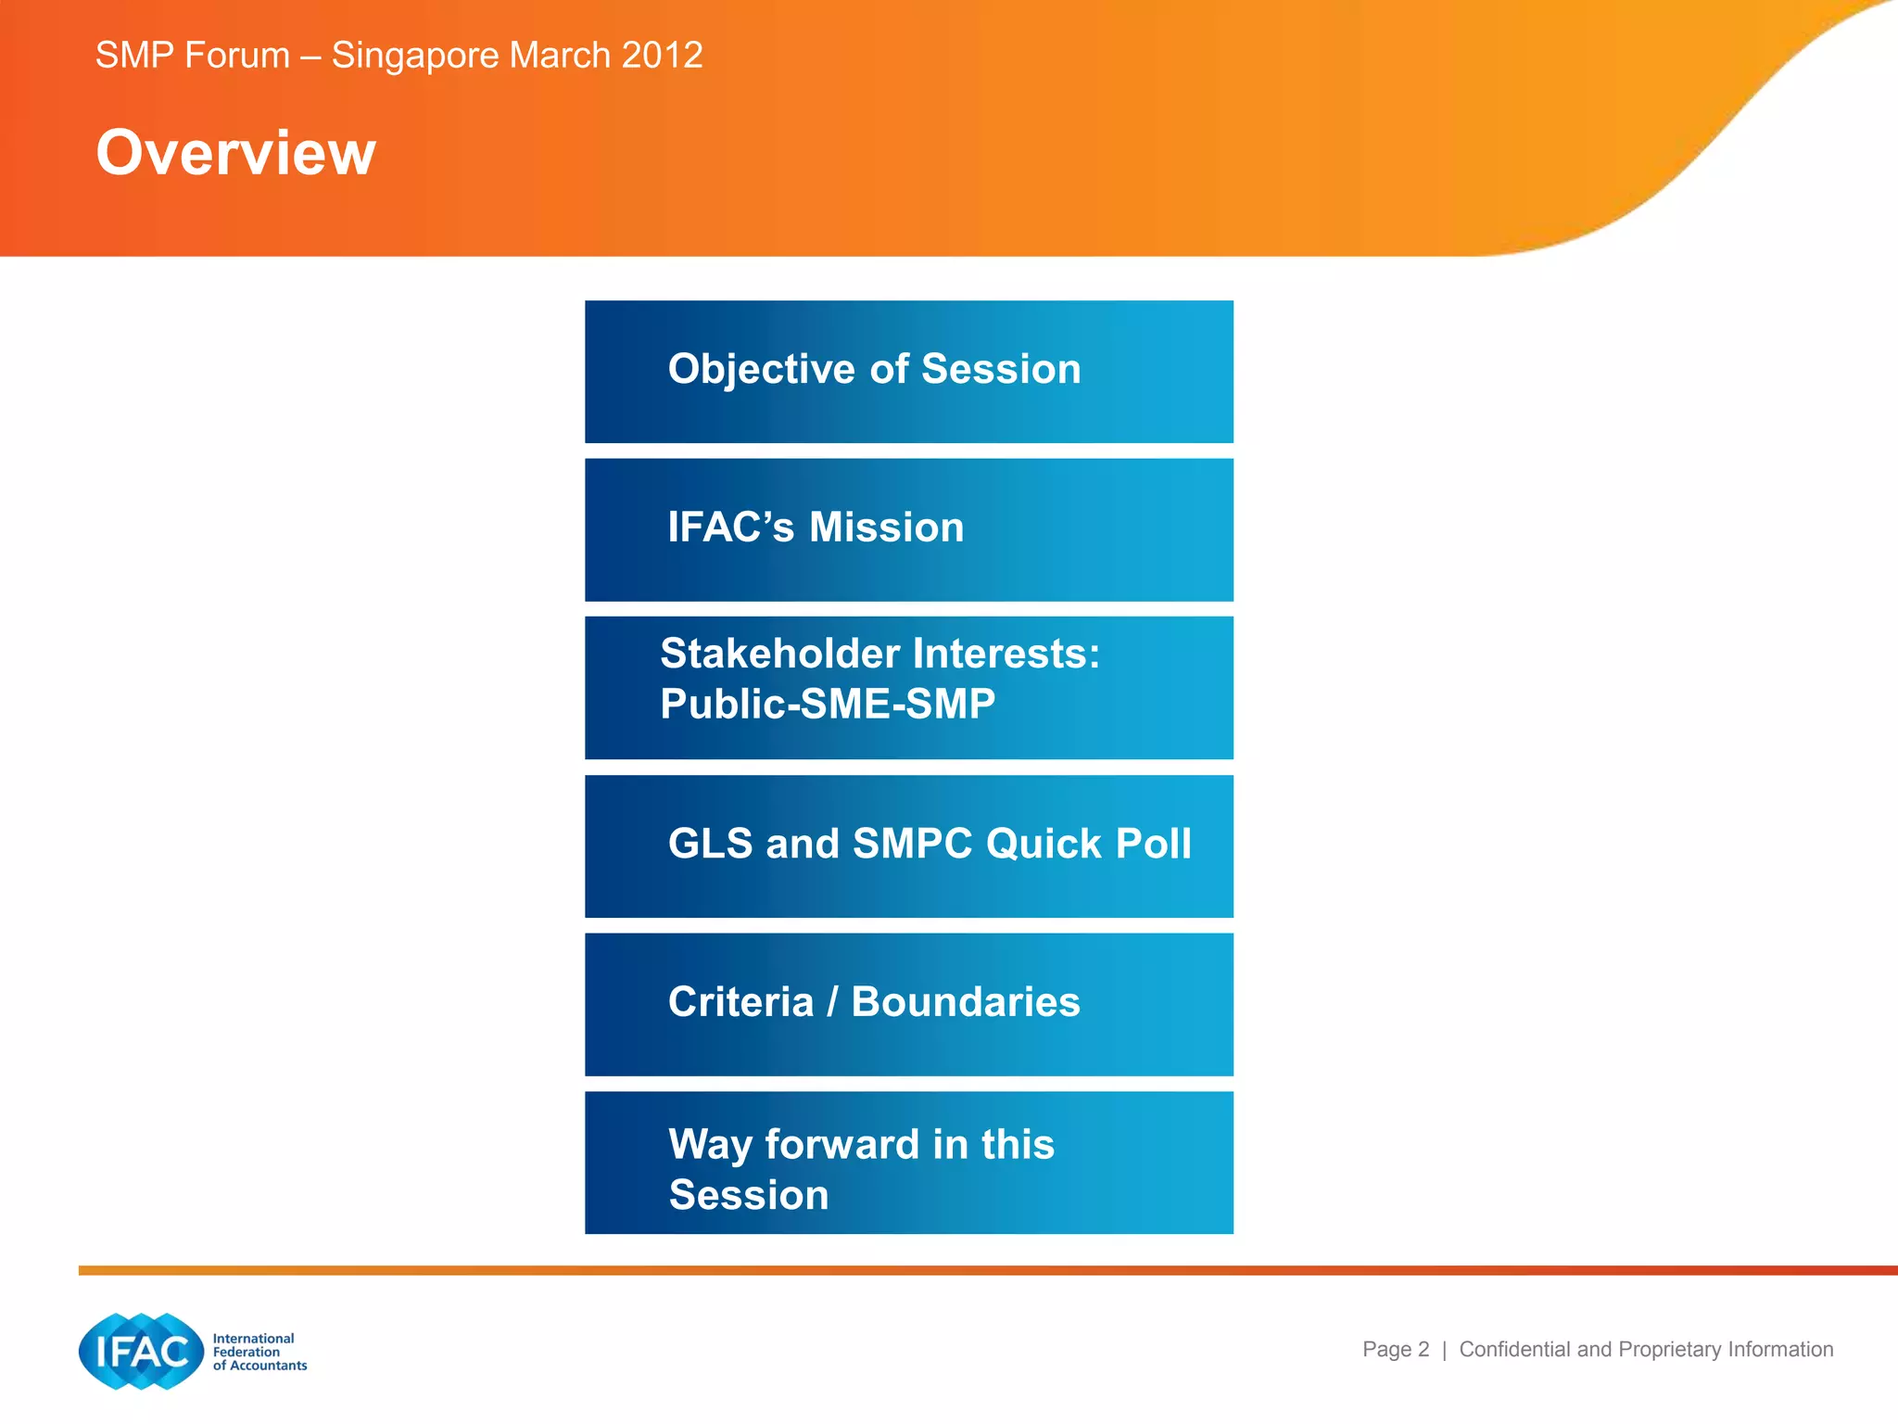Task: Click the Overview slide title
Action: [x=235, y=153]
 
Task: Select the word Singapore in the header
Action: [x=415, y=56]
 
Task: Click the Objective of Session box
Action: [x=908, y=371]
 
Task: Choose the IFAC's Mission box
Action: [x=908, y=529]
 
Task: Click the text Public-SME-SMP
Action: [x=827, y=704]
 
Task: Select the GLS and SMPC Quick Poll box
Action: [x=908, y=845]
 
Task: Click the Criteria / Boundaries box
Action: [x=908, y=1004]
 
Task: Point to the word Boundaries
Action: [x=965, y=1002]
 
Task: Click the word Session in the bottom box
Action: [x=748, y=1195]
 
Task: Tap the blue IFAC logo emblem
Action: [x=141, y=1351]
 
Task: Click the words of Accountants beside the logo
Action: [x=259, y=1366]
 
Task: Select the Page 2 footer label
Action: [x=1395, y=1349]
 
